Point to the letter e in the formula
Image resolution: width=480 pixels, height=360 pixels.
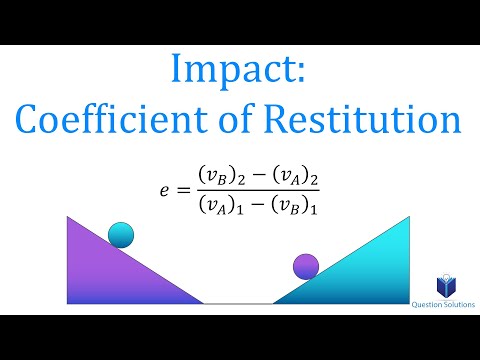(x=165, y=187)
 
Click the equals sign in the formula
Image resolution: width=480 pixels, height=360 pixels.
(x=183, y=187)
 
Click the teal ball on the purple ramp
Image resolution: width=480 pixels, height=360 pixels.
(x=121, y=234)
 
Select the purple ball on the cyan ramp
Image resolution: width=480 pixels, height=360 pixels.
(x=305, y=266)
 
